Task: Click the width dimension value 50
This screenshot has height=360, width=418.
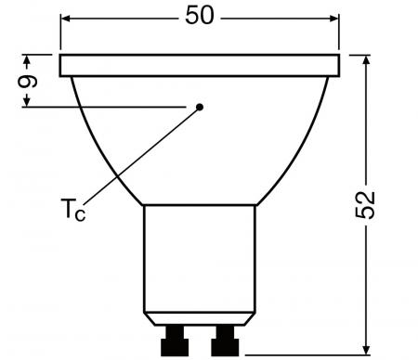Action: [200, 17]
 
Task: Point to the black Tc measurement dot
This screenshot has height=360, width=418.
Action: [200, 107]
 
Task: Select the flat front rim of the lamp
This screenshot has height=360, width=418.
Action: [199, 65]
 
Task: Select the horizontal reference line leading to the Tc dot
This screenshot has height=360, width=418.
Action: [111, 107]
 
